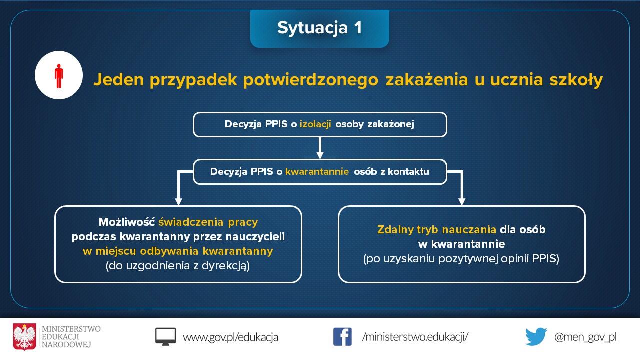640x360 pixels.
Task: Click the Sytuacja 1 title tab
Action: pos(319,29)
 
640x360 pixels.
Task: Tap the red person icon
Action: pos(59,76)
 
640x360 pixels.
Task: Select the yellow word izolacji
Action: pos(315,124)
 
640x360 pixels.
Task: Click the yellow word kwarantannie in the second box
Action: pos(317,171)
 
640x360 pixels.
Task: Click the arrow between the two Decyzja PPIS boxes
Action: pos(320,148)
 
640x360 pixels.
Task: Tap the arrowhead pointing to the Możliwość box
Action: pos(178,201)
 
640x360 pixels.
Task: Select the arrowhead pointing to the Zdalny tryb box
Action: pos(461,201)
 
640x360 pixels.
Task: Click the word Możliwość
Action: pos(127,222)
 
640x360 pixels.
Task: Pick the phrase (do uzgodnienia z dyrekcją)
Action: pos(177,266)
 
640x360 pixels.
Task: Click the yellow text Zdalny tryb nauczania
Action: pos(437,230)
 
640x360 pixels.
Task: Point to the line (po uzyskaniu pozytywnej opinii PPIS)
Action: pos(461,259)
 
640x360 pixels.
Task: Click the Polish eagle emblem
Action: pos(25,337)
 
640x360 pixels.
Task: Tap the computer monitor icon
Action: pos(165,337)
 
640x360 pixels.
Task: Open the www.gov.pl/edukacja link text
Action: pos(230,337)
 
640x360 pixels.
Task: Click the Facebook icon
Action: pos(342,337)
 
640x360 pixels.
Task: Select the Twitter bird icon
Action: pos(536,336)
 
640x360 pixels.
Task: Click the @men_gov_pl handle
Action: pos(585,337)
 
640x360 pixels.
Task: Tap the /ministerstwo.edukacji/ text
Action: pos(415,337)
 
